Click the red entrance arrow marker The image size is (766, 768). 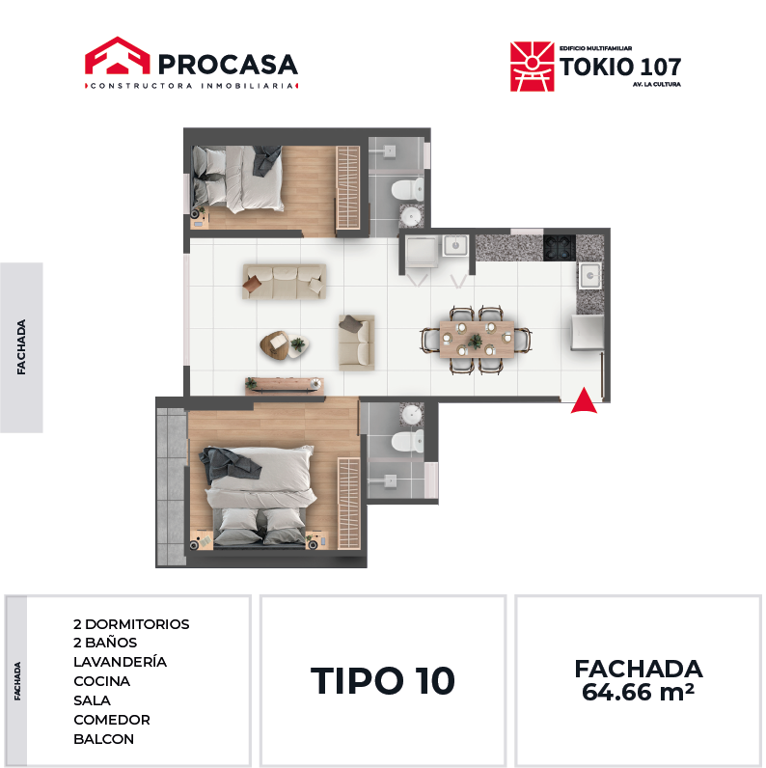click(584, 401)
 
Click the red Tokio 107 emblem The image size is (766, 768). click(532, 67)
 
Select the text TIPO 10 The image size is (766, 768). click(382, 681)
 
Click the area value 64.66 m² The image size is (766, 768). click(638, 692)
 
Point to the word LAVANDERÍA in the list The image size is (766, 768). click(120, 662)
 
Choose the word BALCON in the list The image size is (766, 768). click(103, 739)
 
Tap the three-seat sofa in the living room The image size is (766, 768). click(285, 281)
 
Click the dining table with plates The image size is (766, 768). click(477, 340)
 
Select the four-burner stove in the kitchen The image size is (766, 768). click(560, 247)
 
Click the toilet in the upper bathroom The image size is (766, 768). click(407, 189)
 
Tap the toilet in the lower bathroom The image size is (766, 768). click(407, 441)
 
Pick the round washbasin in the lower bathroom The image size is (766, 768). click(411, 415)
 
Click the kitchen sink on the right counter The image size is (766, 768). click(590, 276)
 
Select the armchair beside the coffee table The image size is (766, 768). click(357, 342)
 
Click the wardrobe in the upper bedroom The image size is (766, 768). click(347, 187)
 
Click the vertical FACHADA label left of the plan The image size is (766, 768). click(21, 347)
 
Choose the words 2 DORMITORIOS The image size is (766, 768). click(131, 624)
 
